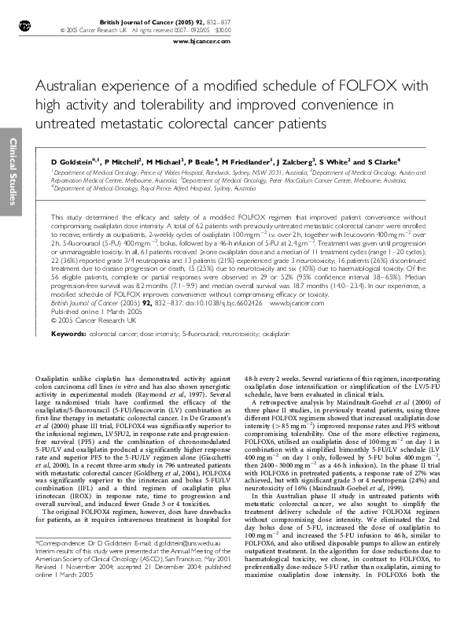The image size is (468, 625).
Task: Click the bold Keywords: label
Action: point(68,334)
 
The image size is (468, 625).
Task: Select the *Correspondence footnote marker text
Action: point(63,587)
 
